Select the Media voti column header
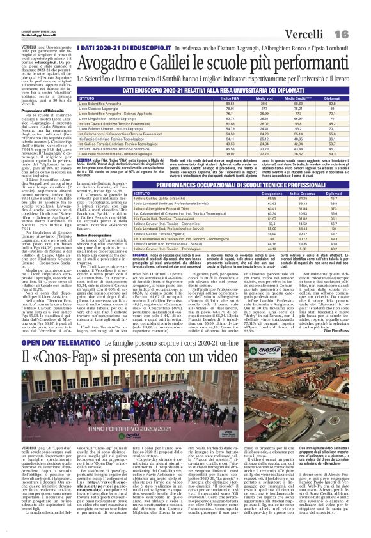click(x=264, y=98)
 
